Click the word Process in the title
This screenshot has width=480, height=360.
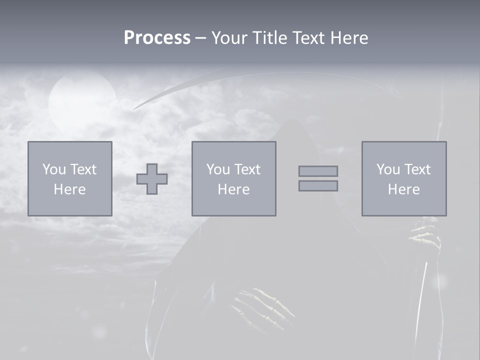point(157,37)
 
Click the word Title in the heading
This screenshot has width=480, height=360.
point(270,37)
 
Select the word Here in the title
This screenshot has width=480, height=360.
point(349,37)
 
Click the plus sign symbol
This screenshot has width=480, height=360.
point(152,179)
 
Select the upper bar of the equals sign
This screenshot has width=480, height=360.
point(318,171)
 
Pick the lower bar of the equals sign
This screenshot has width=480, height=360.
point(318,186)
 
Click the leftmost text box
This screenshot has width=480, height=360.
point(70,178)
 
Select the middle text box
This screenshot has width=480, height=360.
point(233,178)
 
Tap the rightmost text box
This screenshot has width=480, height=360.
point(404,178)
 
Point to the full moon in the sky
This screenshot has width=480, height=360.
point(82,100)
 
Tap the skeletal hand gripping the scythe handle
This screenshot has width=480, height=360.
point(425,235)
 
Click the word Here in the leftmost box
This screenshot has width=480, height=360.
point(69,189)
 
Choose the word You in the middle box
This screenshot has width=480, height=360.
point(218,169)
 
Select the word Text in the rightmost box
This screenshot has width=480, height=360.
point(417,169)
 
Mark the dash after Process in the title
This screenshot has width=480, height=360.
point(201,38)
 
